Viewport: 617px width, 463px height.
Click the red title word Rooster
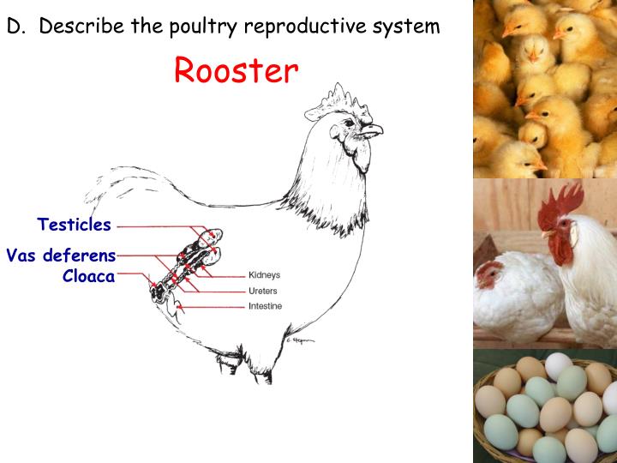[237, 70]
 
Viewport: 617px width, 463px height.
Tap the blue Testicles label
[74, 225]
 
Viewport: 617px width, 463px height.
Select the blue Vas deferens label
[61, 255]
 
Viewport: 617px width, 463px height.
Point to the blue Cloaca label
[88, 276]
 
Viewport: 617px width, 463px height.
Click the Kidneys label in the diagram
[264, 275]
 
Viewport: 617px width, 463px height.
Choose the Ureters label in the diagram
[263, 291]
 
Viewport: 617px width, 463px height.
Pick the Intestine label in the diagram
[265, 306]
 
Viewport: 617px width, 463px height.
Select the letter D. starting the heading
[15, 26]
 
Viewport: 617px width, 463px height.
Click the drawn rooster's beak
[373, 131]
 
